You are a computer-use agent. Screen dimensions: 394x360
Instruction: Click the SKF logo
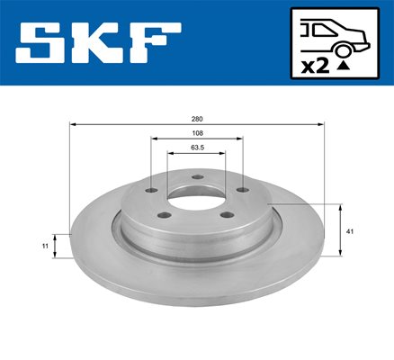tap(98, 43)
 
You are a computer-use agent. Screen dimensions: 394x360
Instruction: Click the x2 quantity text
tap(316, 67)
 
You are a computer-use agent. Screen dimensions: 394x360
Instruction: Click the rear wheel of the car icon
tap(343, 50)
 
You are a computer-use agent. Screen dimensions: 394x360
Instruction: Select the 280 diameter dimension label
tap(197, 119)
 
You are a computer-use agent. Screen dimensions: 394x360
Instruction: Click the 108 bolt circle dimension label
tap(197, 133)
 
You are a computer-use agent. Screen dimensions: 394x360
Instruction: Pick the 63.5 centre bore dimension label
tap(197, 148)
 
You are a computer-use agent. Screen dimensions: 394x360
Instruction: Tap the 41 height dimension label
tap(350, 231)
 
